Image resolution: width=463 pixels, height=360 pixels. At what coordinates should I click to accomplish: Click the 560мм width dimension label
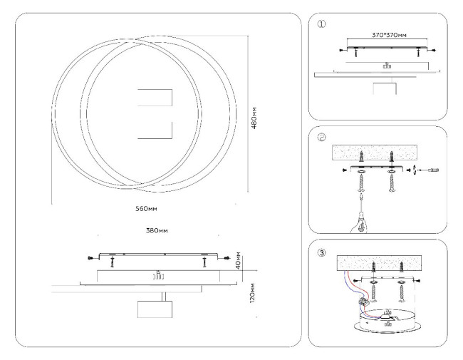(146, 210)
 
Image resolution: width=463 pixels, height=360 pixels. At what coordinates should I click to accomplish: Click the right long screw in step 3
(402, 289)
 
